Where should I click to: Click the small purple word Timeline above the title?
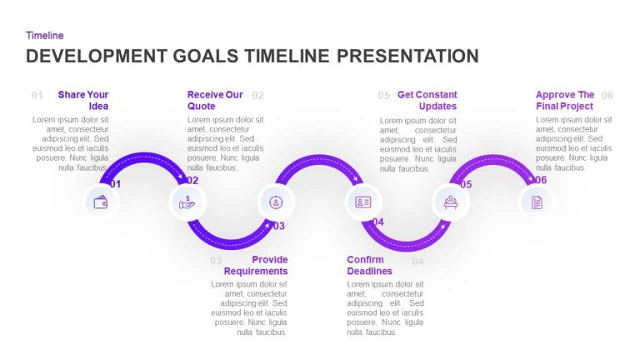45,36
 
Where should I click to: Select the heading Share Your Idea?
83,100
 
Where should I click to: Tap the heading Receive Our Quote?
215,100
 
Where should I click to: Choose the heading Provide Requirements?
256,265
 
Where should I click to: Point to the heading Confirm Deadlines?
369,265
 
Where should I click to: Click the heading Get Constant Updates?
427,100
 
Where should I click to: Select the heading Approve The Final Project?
565,100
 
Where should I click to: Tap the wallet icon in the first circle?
101,202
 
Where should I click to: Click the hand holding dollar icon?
187,202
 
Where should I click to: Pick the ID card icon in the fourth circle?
362,202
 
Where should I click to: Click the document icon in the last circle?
537,202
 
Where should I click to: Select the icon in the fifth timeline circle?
450,202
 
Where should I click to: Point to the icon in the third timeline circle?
276,202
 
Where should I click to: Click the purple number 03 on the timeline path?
278,226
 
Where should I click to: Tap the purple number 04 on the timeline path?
377,222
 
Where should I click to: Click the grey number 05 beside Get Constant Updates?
383,95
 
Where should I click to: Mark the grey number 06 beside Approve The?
607,95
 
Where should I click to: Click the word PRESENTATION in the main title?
407,56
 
